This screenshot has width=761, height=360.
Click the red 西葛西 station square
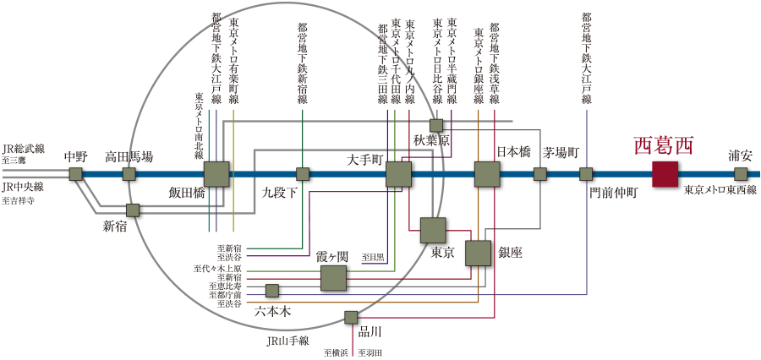pyautogui.click(x=665, y=174)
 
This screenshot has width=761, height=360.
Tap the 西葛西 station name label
pyautogui.click(x=664, y=145)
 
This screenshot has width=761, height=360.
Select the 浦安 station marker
pyautogui.click(x=741, y=174)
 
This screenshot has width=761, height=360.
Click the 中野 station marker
pyautogui.click(x=76, y=174)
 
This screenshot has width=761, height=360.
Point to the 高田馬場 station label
pyautogui.click(x=129, y=156)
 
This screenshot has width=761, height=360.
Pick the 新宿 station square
pyautogui.click(x=133, y=210)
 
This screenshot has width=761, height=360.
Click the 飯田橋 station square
pyautogui.click(x=216, y=174)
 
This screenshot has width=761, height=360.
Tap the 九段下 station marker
pyautogui.click(x=303, y=174)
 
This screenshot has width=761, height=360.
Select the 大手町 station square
pyautogui.click(x=398, y=174)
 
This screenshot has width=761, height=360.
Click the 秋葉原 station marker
pyautogui.click(x=436, y=125)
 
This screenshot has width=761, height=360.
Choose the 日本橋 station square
pyautogui.click(x=487, y=174)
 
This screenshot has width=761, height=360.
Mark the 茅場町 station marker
pyautogui.click(x=540, y=174)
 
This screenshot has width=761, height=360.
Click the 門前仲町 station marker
pyautogui.click(x=586, y=174)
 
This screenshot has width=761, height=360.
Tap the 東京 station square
pyautogui.click(x=433, y=230)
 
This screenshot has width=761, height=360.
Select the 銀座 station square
pyautogui.click(x=478, y=253)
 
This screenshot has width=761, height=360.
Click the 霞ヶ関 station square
pyautogui.click(x=333, y=278)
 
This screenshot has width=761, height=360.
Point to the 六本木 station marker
pyautogui.click(x=272, y=291)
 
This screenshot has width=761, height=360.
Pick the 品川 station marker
pyautogui.click(x=351, y=317)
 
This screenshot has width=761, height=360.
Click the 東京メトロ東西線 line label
pyautogui.click(x=720, y=190)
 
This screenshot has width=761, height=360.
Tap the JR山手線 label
pyautogui.click(x=287, y=341)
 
